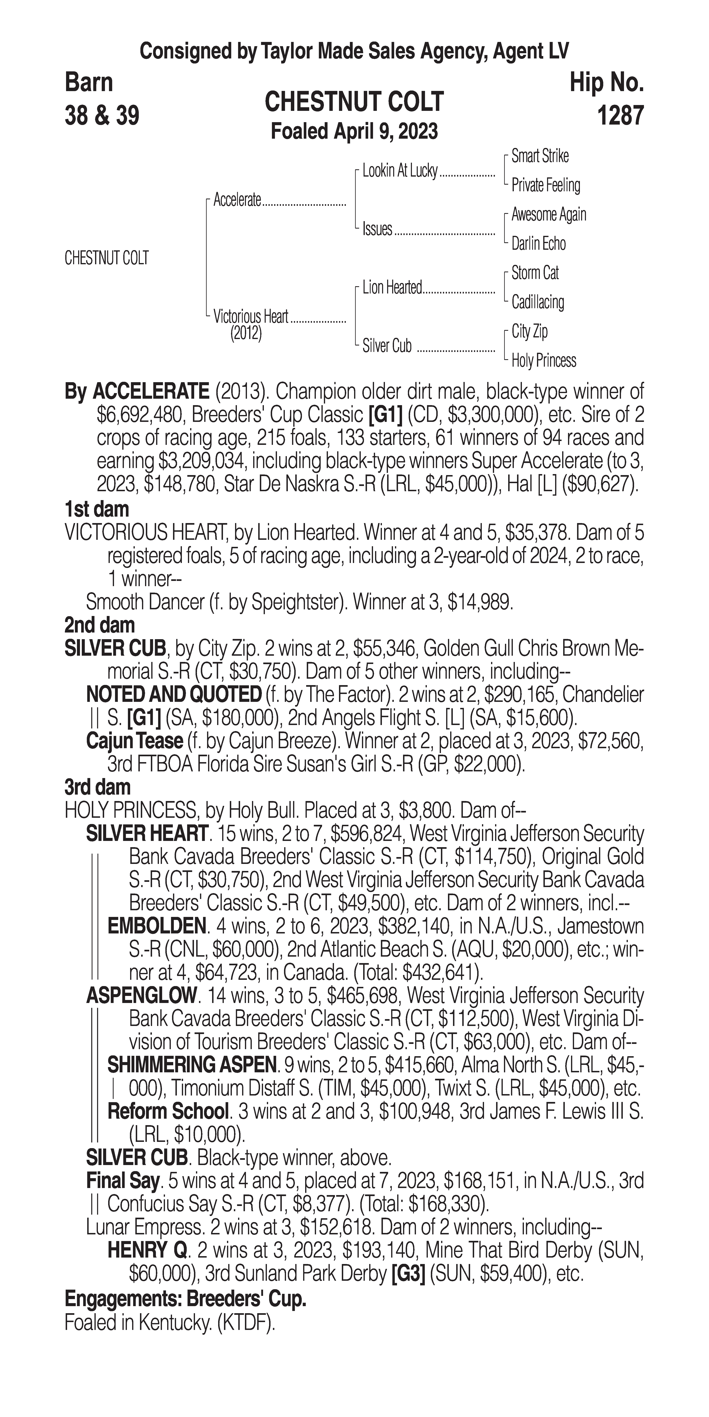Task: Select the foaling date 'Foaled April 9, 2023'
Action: [354, 131]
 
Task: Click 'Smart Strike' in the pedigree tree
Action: [540, 156]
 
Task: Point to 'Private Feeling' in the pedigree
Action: [545, 185]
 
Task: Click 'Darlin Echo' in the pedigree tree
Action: [538, 244]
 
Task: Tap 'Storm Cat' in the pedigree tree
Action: [535, 273]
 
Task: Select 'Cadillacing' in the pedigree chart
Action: [538, 302]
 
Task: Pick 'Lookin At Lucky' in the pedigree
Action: [400, 171]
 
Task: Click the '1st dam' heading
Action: [97, 509]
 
